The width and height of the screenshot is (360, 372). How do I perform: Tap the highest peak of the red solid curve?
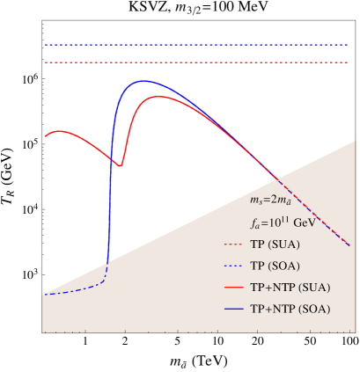pos(158,97)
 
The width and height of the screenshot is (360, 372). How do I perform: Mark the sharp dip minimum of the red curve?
pos(121,164)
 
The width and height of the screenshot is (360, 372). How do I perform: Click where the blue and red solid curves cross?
pos(112,158)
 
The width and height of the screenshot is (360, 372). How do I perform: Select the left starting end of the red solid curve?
pos(44,135)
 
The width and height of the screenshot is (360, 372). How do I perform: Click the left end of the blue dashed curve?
pos(43,295)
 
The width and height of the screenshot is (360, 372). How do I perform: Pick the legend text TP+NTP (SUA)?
pos(290,288)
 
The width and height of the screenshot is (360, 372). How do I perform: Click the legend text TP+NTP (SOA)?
pos(290,310)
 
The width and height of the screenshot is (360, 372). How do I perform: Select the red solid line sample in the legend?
pos(234,288)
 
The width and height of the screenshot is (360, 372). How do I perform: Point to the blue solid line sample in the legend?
pos(234,310)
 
